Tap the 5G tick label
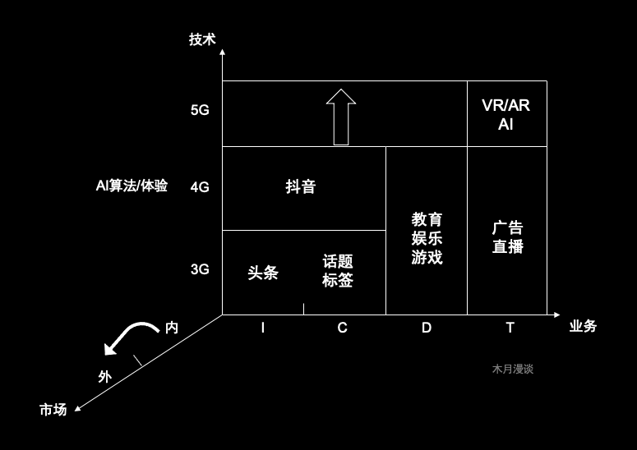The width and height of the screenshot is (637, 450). (200, 111)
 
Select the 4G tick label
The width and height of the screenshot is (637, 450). (200, 187)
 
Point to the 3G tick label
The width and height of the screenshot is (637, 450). (200, 269)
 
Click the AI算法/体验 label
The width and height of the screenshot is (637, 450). (132, 186)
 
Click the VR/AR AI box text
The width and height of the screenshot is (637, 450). (506, 114)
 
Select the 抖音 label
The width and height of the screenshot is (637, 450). (300, 187)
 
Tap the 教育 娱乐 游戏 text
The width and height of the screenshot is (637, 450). (427, 238)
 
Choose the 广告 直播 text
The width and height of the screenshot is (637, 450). (507, 237)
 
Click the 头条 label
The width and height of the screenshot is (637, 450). (262, 273)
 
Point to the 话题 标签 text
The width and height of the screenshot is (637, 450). (337, 271)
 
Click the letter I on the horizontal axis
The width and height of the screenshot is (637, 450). (262, 328)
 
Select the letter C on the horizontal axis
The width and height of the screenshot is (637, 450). (342, 328)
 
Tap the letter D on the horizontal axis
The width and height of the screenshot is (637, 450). (426, 328)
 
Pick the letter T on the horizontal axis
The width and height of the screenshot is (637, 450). (510, 328)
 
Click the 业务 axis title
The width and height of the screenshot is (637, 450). (582, 326)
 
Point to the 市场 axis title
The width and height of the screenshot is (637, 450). (53, 408)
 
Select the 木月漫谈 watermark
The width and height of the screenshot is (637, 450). (513, 370)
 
